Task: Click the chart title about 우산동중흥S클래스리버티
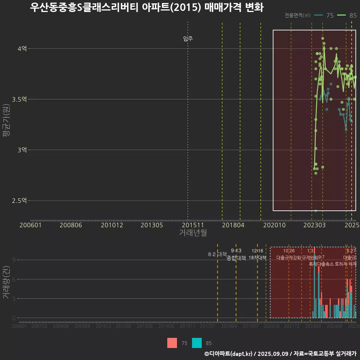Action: click(147, 8)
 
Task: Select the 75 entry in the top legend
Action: click(330, 15)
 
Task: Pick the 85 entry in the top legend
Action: click(352, 15)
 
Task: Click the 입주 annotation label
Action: click(188, 39)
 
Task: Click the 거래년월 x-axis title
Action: click(193, 233)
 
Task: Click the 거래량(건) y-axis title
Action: click(6, 282)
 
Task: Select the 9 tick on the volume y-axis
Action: click(13, 260)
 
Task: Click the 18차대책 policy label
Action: click(257, 258)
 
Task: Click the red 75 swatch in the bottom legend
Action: click(172, 343)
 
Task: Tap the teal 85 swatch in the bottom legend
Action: click(197, 343)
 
